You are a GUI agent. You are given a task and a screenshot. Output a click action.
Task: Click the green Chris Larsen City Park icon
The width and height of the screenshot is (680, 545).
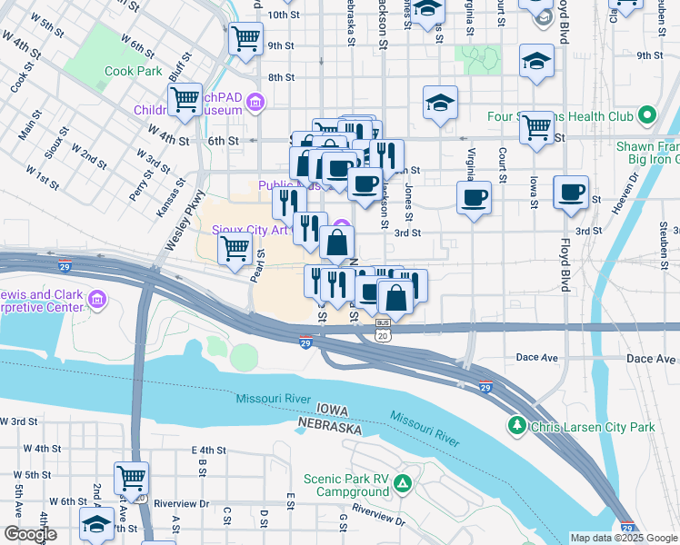click(517, 425)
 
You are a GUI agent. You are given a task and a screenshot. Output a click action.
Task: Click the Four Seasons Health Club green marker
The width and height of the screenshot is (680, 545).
click(646, 115)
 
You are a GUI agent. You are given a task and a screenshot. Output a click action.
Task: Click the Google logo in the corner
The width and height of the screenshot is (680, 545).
click(30, 534)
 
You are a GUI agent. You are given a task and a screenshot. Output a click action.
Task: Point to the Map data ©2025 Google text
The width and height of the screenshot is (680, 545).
click(623, 538)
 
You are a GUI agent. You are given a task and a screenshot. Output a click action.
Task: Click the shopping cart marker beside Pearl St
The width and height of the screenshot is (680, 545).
click(235, 246)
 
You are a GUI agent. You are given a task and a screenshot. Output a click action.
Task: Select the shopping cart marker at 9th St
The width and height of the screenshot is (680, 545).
click(245, 39)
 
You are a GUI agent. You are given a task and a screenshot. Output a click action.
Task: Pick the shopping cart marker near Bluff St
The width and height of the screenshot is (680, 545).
click(185, 99)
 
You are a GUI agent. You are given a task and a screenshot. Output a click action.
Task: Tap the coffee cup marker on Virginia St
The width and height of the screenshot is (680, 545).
click(474, 198)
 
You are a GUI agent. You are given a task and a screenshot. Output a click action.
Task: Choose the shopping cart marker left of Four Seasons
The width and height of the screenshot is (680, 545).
click(536, 126)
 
